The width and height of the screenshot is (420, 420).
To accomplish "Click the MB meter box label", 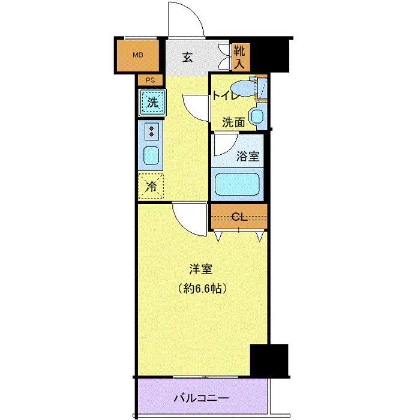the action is pyautogui.click(x=138, y=55).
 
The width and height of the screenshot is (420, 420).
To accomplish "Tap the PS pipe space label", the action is pyautogui.click(x=150, y=80).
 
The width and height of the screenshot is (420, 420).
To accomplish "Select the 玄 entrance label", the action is pyautogui.click(x=187, y=58).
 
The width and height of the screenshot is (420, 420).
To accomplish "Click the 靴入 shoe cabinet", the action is pyautogui.click(x=241, y=57).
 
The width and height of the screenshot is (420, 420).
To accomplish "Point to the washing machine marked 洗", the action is pyautogui.click(x=152, y=103).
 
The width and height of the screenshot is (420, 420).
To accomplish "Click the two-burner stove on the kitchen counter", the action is pyautogui.click(x=151, y=131).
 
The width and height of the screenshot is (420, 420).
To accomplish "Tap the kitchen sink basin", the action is pyautogui.click(x=151, y=155).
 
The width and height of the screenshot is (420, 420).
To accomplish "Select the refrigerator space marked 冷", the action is pyautogui.click(x=151, y=187).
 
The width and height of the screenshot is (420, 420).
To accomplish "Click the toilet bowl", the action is pyautogui.click(x=244, y=88).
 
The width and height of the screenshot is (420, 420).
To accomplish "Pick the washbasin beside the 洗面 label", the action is pyautogui.click(x=257, y=116).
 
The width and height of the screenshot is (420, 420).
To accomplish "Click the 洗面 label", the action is pyautogui.click(x=233, y=122).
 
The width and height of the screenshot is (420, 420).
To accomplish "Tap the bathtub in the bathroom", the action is pyautogui.click(x=237, y=184).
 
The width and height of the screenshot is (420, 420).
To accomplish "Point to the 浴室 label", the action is pyautogui.click(x=248, y=156).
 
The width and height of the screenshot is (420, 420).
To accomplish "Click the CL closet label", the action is pyautogui.click(x=239, y=217).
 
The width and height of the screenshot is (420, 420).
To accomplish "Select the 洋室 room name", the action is pyautogui.click(x=201, y=269).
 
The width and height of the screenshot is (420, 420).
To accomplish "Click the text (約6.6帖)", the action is pyautogui.click(x=202, y=289).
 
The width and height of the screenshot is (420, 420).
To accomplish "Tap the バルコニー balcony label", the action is pyautogui.click(x=202, y=398).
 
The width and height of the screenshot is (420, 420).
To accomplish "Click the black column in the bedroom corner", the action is pyautogui.click(x=269, y=360).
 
